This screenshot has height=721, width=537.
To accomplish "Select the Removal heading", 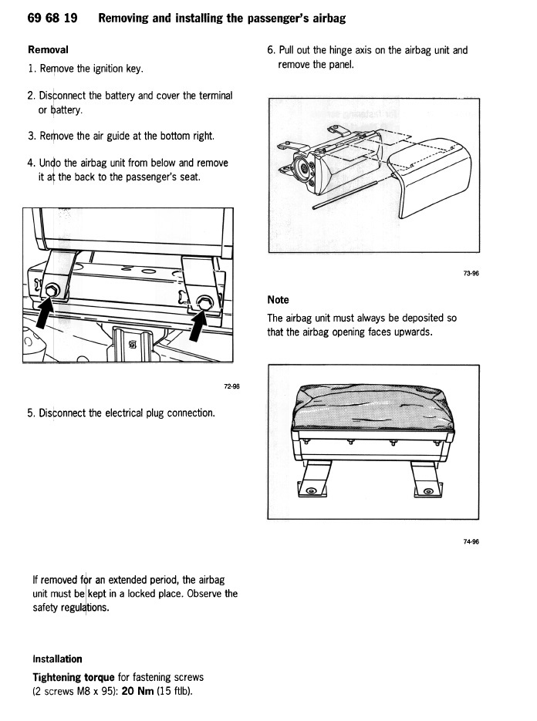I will point(48,49).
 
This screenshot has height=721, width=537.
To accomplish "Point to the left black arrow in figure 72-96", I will point(46,314).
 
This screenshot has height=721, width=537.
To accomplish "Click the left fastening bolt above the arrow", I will point(52,291).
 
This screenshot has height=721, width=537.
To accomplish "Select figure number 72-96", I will point(231,386).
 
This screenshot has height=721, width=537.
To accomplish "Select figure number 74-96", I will point(471,541).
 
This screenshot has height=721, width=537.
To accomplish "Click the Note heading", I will point(278,299).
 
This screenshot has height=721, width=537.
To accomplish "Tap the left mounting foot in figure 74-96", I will point(312,483).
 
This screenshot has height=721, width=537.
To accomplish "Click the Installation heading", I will point(57,659).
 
